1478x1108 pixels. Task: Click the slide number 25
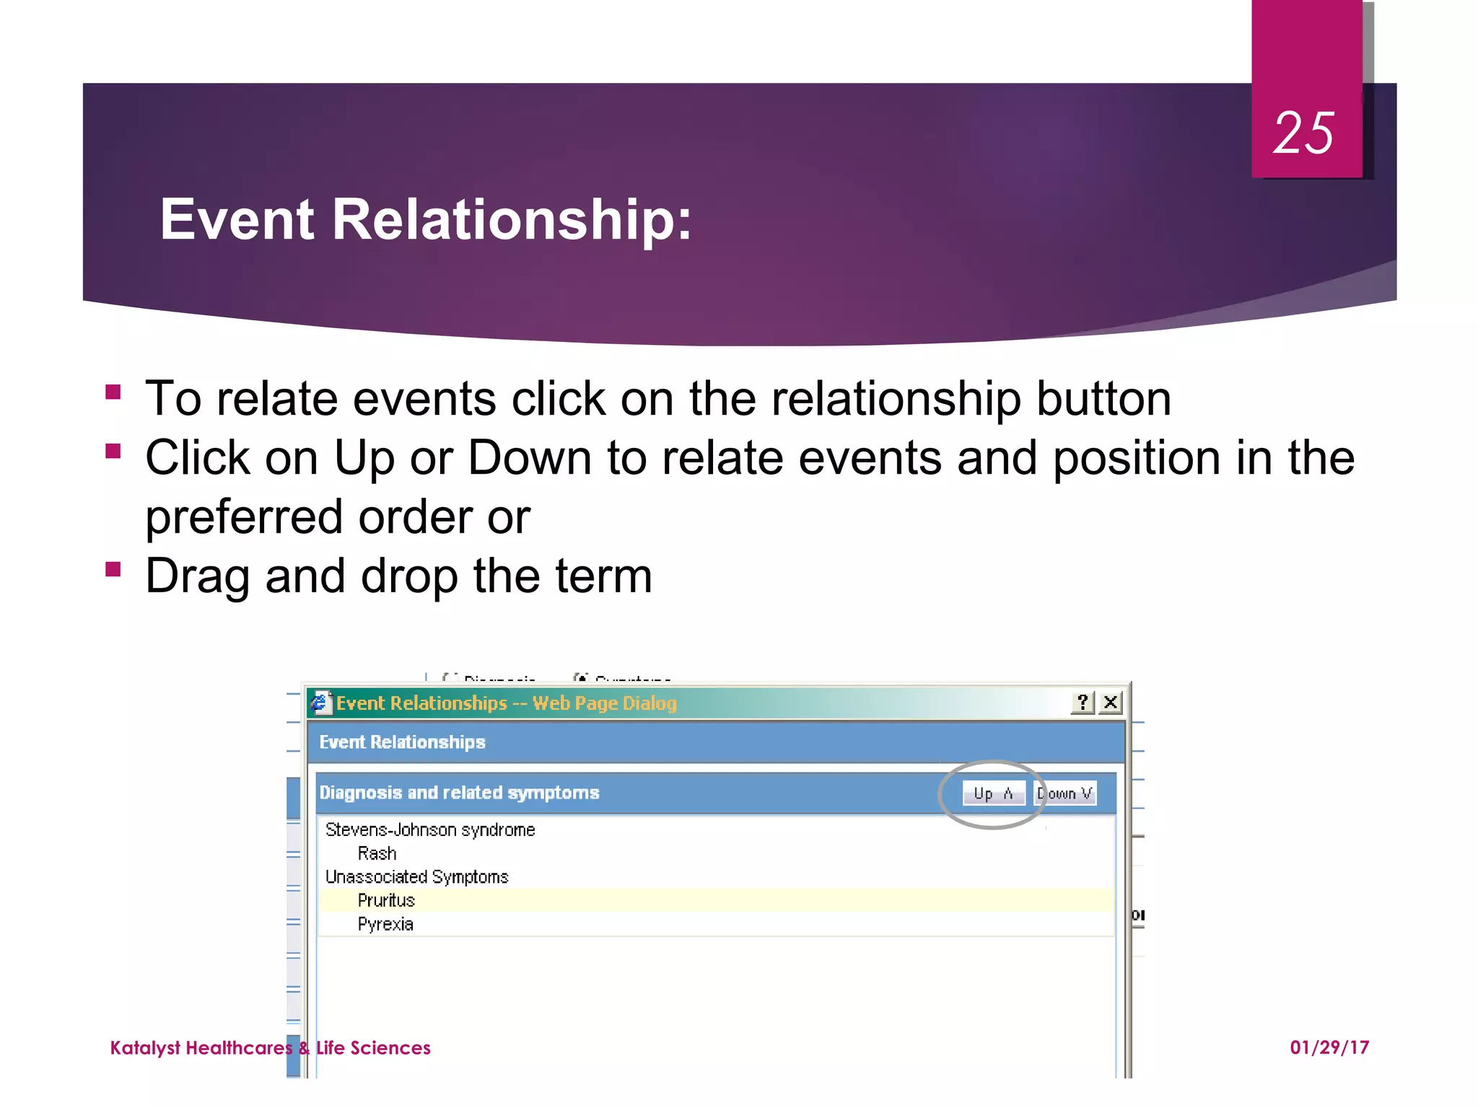pyautogui.click(x=1303, y=133)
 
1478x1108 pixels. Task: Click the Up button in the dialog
pyautogui.click(x=993, y=793)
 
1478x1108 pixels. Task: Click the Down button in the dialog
pyautogui.click(x=1065, y=793)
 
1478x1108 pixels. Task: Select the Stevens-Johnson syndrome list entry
pyautogui.click(x=430, y=830)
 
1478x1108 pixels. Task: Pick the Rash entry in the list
pyautogui.click(x=377, y=853)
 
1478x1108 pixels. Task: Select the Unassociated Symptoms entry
pyautogui.click(x=416, y=876)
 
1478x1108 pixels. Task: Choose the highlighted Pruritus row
pyautogui.click(x=386, y=900)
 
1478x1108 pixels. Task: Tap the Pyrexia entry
pyautogui.click(x=385, y=924)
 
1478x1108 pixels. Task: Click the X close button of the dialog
pyautogui.click(x=1111, y=702)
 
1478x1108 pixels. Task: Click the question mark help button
pyautogui.click(x=1083, y=702)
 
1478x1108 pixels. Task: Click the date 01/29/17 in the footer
pyautogui.click(x=1329, y=1047)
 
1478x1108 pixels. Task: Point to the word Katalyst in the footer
pyautogui.click(x=145, y=1047)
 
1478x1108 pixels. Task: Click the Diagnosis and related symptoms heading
pyautogui.click(x=459, y=793)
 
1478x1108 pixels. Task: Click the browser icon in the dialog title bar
pyautogui.click(x=320, y=702)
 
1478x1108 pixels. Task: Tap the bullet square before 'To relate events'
pyautogui.click(x=113, y=392)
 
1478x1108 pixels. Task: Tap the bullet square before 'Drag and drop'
pyautogui.click(x=113, y=570)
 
